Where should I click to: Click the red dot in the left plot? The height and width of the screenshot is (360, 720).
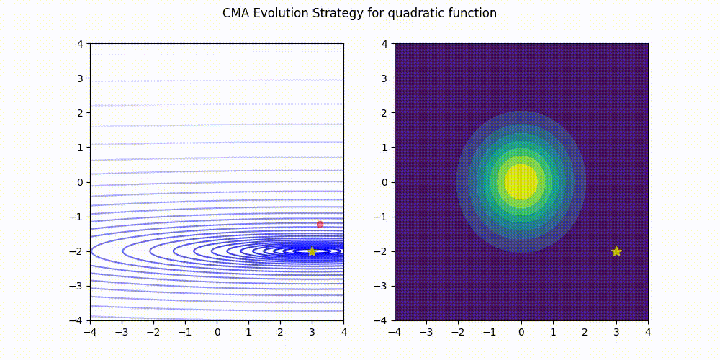320,224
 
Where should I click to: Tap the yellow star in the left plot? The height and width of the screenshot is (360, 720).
312,251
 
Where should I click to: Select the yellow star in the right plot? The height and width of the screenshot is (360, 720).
616,251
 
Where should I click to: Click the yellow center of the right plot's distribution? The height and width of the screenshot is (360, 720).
521,181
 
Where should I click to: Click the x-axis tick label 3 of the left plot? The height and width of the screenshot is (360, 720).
312,332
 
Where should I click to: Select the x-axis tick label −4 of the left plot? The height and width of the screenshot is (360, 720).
90,332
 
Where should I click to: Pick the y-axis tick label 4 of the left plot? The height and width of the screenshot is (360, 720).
81,43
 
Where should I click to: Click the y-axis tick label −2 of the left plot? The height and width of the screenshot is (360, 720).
78,251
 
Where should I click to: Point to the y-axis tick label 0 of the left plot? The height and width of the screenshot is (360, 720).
81,182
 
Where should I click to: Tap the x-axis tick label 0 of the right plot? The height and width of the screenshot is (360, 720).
521,332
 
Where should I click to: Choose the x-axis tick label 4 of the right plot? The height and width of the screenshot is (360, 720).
648,332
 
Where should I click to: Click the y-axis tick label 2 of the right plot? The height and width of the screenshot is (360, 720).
386,112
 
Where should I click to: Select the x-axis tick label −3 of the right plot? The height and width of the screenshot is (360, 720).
426,332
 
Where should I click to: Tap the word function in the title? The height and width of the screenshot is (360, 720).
473,13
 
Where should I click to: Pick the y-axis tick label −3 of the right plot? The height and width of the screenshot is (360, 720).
383,286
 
